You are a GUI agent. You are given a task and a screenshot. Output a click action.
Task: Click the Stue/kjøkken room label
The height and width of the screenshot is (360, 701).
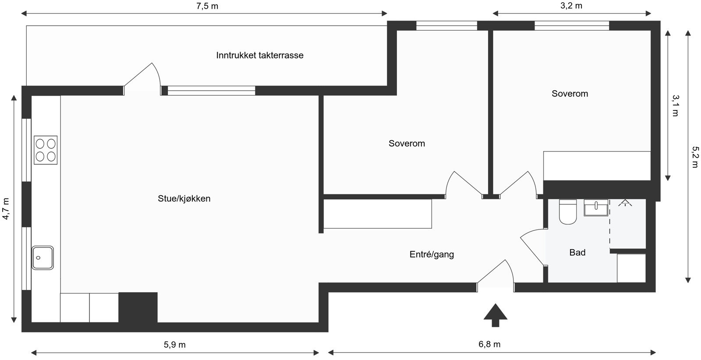(x=184, y=198)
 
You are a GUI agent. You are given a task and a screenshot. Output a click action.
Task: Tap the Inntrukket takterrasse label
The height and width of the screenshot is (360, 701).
(x=259, y=55)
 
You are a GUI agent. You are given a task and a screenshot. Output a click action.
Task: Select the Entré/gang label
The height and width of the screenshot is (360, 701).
(x=432, y=254)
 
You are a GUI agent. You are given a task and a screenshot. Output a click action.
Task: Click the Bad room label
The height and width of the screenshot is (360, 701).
(x=577, y=252)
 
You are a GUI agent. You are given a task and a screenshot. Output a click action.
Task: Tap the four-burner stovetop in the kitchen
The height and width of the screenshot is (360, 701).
(x=46, y=150)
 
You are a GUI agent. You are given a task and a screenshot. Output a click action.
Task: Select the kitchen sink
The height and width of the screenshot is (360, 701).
(x=42, y=258)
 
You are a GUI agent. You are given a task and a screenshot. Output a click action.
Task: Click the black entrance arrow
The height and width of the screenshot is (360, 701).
(x=495, y=315)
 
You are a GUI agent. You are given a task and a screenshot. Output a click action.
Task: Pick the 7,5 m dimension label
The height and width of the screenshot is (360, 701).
(x=207, y=6)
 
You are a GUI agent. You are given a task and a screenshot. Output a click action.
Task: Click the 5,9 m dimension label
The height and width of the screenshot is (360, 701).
(x=175, y=345)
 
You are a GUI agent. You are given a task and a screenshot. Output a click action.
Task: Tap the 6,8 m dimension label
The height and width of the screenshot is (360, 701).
(x=489, y=344)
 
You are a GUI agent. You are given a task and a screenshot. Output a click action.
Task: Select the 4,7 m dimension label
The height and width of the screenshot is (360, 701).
(x=6, y=209)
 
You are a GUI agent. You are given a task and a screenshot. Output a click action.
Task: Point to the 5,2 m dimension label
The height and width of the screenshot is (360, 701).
(x=695, y=157)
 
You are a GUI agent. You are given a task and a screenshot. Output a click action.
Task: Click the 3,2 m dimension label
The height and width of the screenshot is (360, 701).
(x=572, y=6)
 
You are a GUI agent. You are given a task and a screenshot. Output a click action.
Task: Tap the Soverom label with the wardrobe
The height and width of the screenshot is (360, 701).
(x=570, y=93)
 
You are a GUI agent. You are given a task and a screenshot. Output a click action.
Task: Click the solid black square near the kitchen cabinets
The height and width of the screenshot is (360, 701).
(x=138, y=307)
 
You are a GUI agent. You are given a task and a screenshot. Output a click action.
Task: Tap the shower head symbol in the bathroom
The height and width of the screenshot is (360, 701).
(x=625, y=203)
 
